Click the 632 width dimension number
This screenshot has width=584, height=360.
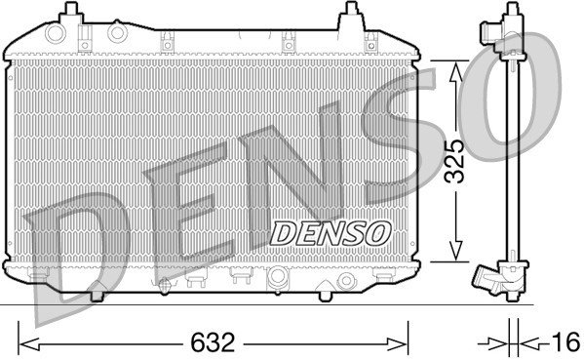pyautogui.click(x=213, y=342)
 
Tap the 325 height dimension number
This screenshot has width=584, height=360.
pyautogui.click(x=455, y=161)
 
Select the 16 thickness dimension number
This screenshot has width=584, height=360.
pyautogui.click(x=565, y=342)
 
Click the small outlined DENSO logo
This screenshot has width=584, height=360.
pyautogui.click(x=331, y=234)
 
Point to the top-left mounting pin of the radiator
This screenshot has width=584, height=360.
pyautogui.click(x=70, y=12)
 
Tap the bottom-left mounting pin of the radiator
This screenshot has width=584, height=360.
pyautogui.click(x=97, y=296)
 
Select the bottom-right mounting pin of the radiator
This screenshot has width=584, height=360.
pyautogui.click(x=325, y=296)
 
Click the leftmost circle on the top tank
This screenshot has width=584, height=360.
pyautogui.click(x=56, y=33)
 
